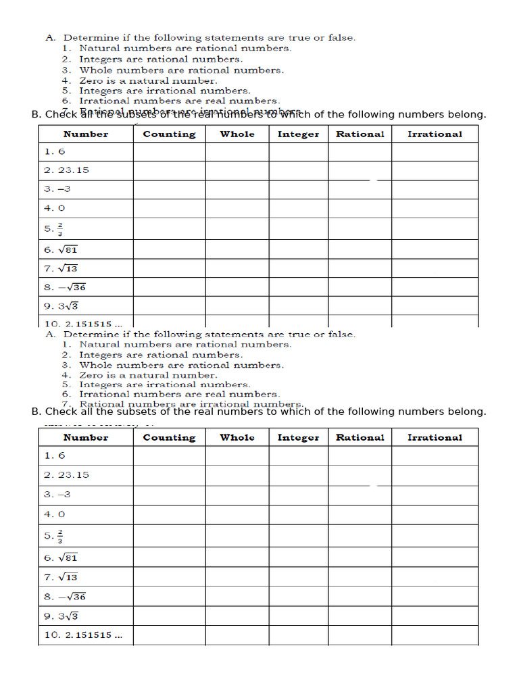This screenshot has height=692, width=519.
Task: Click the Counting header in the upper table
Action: tap(169, 134)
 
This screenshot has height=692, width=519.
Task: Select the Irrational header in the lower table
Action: tap(435, 437)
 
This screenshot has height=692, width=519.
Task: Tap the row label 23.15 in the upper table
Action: tap(66, 170)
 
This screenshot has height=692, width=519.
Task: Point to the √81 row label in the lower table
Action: tap(61, 558)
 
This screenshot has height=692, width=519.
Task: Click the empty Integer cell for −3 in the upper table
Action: tap(298, 189)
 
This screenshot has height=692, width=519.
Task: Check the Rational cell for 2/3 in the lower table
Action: tap(360, 536)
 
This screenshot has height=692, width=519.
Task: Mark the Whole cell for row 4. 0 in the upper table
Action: tap(237, 208)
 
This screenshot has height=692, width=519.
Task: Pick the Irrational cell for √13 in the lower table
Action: tap(435, 577)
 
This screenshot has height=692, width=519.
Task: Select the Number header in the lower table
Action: tap(86, 437)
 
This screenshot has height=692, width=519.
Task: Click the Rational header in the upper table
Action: tap(360, 134)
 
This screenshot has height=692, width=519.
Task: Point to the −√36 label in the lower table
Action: tap(66, 597)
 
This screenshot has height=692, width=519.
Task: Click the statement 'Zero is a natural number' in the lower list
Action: tap(148, 375)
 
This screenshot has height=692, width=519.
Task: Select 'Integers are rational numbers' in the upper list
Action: tap(160, 59)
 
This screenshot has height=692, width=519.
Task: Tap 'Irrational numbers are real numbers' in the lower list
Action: tap(178, 394)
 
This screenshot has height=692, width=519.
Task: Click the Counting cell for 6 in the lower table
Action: tap(169, 456)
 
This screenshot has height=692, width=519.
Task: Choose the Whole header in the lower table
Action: tap(237, 437)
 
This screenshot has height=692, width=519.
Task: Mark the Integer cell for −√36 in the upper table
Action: tap(298, 287)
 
